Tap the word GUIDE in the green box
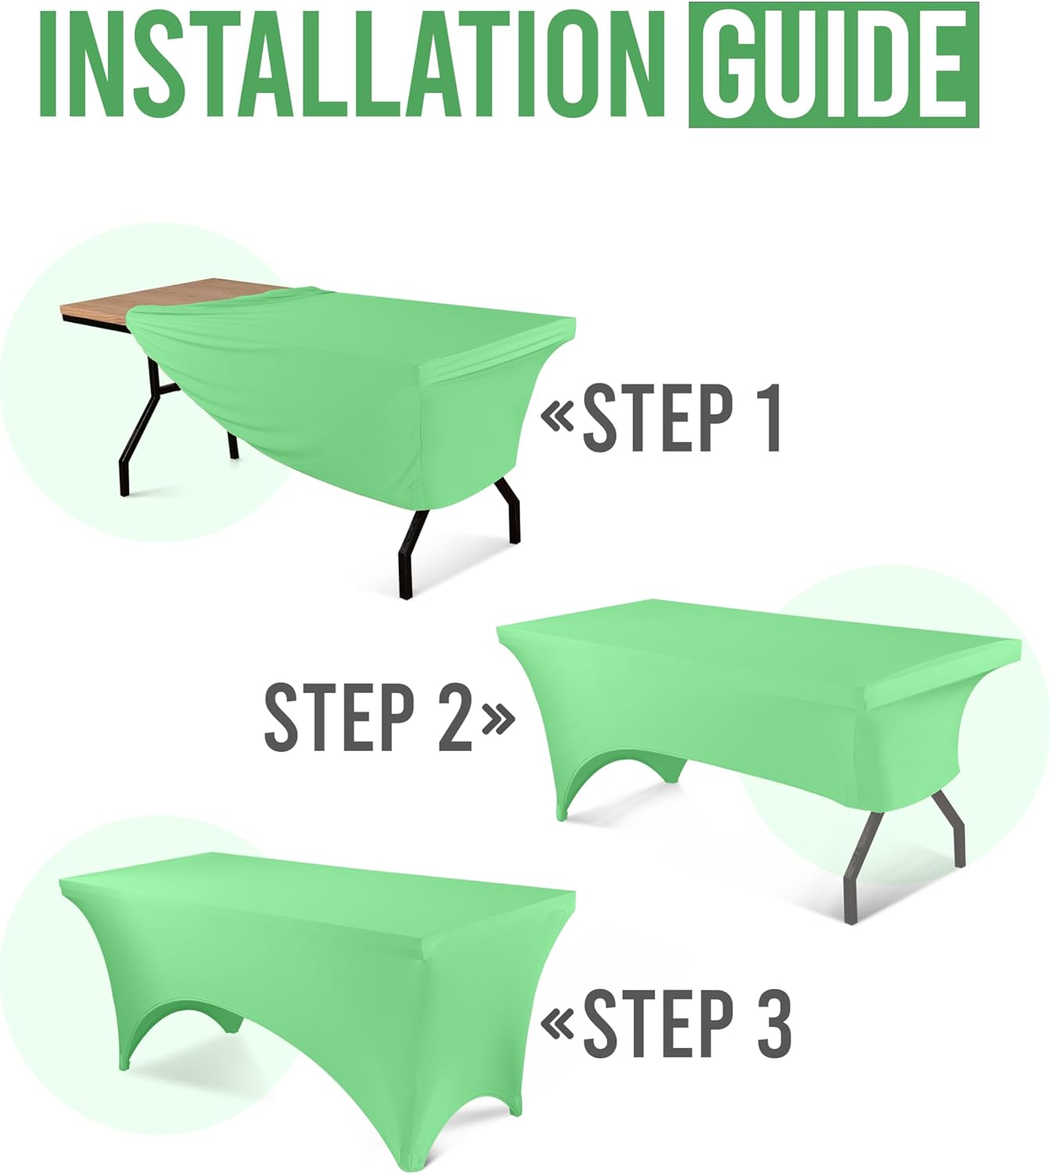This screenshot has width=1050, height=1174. click(x=833, y=65)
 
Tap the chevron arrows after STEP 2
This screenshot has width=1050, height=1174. click(x=498, y=718)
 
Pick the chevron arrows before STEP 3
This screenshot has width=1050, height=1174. click(x=558, y=1025)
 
